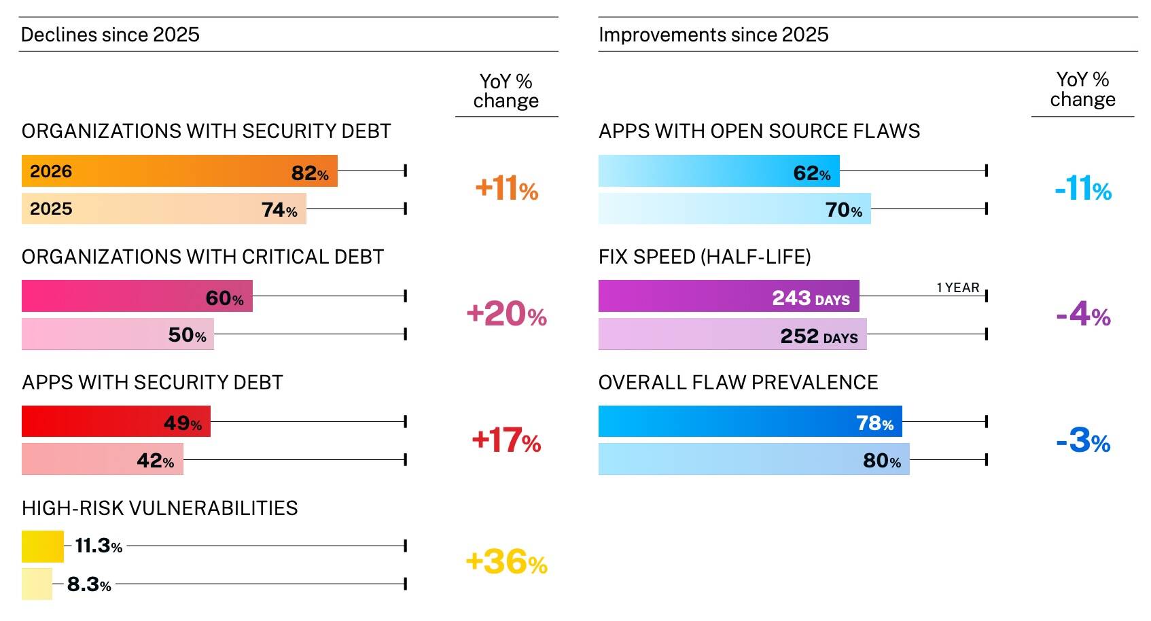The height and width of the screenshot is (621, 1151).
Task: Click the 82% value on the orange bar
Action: [x=310, y=173]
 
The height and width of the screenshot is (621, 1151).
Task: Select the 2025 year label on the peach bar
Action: [x=51, y=209]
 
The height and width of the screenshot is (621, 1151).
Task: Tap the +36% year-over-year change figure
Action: [x=506, y=563]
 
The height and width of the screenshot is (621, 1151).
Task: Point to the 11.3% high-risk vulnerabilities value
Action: [x=99, y=546]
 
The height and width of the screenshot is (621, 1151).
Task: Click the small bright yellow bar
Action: [x=42, y=546]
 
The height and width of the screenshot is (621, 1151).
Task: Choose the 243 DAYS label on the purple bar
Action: [x=811, y=298]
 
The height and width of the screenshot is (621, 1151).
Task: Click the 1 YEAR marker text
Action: [x=957, y=287]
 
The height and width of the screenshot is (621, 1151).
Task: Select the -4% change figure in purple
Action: [x=1083, y=315]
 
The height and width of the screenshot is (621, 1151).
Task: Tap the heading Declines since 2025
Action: [x=110, y=35]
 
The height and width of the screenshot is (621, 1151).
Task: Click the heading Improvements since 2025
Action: [x=713, y=35]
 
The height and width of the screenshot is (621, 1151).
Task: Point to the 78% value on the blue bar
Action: [x=874, y=423]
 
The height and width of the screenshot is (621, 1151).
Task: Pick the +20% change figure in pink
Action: [x=506, y=315]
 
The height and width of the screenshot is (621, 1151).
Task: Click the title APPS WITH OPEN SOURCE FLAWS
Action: [x=759, y=131]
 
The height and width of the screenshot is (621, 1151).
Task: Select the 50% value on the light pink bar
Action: [x=187, y=335]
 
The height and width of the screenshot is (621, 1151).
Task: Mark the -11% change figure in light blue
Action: [x=1083, y=189]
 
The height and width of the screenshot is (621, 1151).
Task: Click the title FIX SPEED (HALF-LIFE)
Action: [x=705, y=257]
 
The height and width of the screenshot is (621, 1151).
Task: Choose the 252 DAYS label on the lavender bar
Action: [x=819, y=336]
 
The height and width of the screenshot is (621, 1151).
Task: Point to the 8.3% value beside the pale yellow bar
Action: [x=89, y=584]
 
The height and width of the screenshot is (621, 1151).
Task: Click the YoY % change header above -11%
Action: [x=1082, y=90]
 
